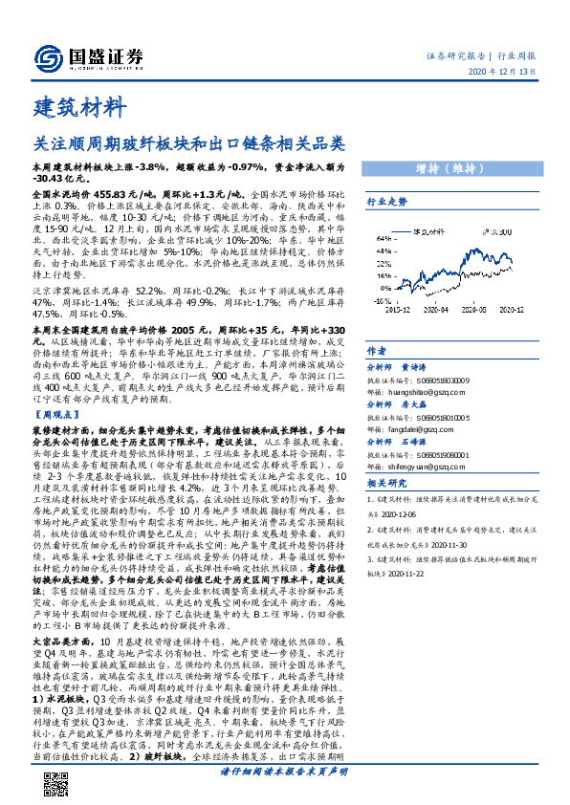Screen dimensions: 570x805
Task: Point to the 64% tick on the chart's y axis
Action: click(384, 238)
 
